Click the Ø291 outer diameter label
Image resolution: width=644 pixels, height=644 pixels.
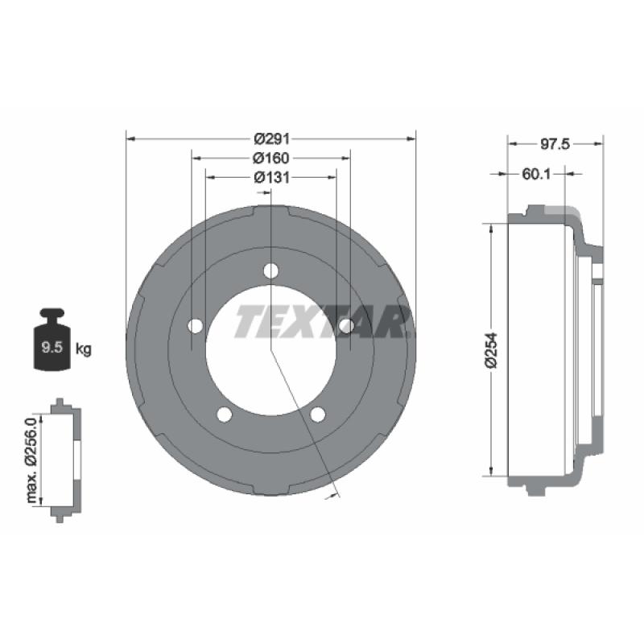click(x=271, y=138)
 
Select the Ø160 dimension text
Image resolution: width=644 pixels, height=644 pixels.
click(x=271, y=158)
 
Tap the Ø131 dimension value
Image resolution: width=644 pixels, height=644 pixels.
click(x=271, y=177)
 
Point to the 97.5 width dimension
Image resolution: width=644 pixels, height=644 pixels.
click(x=555, y=144)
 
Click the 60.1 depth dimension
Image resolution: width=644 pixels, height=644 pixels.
click(x=536, y=174)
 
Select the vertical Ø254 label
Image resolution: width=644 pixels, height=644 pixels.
click(x=491, y=350)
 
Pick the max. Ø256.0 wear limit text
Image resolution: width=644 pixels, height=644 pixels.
click(x=31, y=460)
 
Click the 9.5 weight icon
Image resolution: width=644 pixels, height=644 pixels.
click(x=52, y=339)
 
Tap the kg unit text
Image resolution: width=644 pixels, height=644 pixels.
click(x=84, y=349)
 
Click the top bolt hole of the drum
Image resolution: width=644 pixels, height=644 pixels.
click(x=271, y=270)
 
